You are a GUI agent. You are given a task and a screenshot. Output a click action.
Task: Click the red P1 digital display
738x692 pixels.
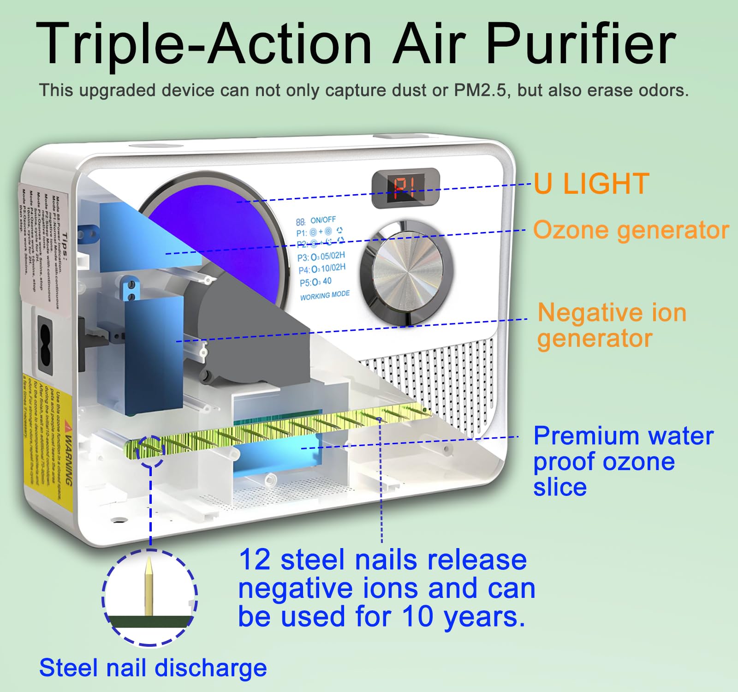[405, 189]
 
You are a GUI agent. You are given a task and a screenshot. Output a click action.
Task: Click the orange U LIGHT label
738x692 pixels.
[591, 184]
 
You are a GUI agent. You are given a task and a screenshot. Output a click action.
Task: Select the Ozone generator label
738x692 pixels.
[631, 230]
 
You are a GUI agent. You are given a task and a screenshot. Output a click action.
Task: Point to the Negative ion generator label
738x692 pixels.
[612, 325]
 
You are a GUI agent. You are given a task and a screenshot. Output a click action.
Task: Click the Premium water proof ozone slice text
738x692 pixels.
[623, 461]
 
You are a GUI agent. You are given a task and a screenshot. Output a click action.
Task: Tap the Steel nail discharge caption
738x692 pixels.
[153, 668]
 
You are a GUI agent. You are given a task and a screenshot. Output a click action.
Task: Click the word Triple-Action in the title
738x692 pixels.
[203, 45]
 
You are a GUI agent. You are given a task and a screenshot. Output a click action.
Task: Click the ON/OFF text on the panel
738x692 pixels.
[323, 220]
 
